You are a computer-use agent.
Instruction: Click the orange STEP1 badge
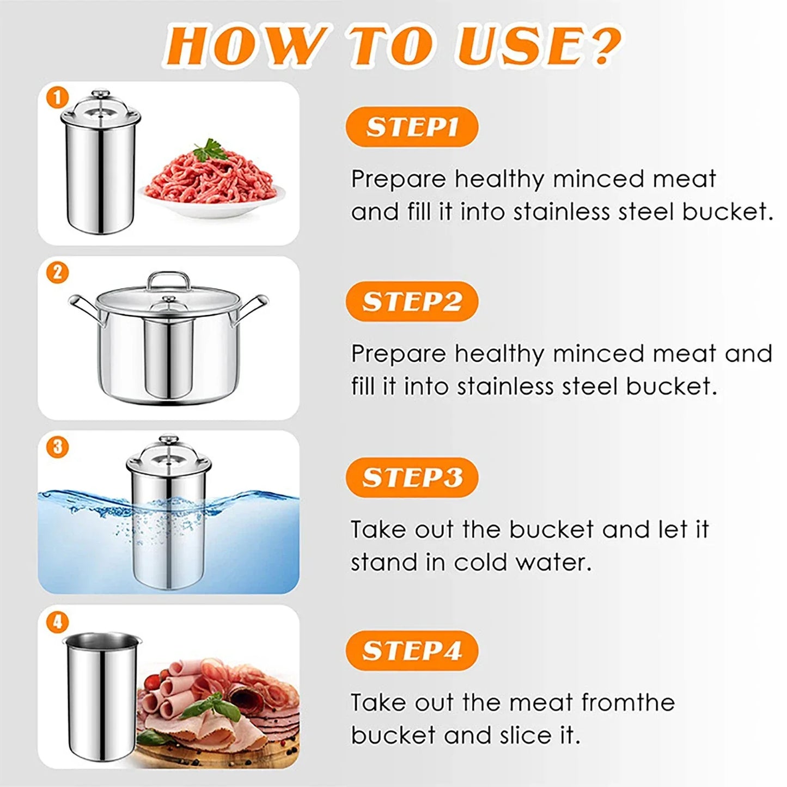click(412, 127)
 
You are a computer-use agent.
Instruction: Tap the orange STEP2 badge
click(412, 302)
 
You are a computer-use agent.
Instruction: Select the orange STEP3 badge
click(412, 478)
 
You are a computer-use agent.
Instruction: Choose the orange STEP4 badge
click(412, 651)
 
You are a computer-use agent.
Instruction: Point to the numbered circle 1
click(57, 98)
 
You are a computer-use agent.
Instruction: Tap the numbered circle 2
click(57, 272)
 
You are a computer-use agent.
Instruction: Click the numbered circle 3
click(57, 447)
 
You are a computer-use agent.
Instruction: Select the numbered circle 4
click(57, 621)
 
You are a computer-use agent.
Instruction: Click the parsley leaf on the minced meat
click(210, 149)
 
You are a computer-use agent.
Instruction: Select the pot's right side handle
click(254, 308)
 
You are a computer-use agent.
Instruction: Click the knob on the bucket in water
click(168, 439)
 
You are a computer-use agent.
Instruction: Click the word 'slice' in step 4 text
click(525, 735)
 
